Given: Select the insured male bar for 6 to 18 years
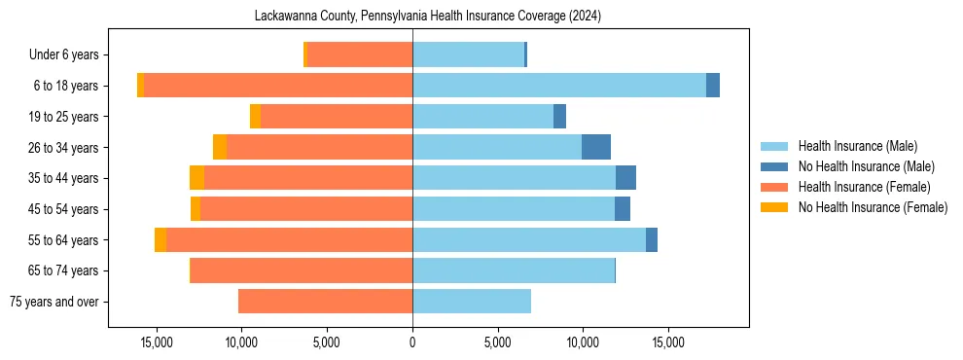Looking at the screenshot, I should click(559, 86).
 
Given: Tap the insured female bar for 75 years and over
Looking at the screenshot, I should click(325, 302).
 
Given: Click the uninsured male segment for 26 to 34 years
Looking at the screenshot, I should click(596, 147).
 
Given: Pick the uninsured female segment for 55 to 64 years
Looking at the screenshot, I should click(160, 240).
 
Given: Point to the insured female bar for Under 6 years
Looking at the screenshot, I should click(359, 54).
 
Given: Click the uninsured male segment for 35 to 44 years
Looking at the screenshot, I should click(625, 178).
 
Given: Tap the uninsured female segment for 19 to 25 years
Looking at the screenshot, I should click(255, 117).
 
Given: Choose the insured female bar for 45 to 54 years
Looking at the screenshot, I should click(306, 209).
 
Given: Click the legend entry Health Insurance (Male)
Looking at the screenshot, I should click(857, 147).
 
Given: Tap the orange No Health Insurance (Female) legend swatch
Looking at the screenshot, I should click(774, 207).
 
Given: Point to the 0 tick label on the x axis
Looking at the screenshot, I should click(412, 342).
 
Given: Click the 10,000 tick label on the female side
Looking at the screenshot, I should click(241, 342).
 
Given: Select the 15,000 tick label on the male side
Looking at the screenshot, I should click(668, 342).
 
